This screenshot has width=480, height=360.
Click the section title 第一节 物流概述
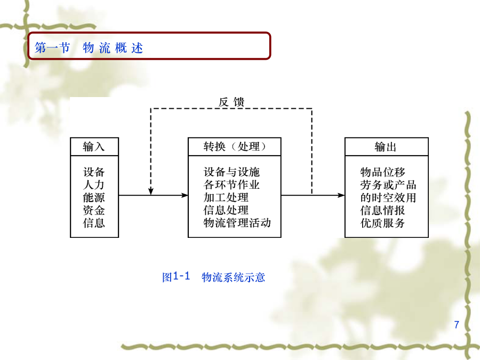tap(89, 48)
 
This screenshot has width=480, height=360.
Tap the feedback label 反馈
tap(231, 102)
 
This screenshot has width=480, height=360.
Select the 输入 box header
tap(94, 147)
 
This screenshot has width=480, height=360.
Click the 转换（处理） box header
tap(235, 147)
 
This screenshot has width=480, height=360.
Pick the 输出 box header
tap(386, 147)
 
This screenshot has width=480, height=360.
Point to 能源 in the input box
tap(94, 197)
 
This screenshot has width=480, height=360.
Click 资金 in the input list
tap(94, 210)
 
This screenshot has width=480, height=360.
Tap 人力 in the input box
tap(94, 185)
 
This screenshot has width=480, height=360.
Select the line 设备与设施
tap(232, 172)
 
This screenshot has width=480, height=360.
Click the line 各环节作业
tap(232, 185)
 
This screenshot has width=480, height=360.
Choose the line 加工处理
tap(226, 197)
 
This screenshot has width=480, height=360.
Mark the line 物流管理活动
tap(237, 223)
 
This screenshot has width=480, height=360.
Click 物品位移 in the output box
tap(382, 172)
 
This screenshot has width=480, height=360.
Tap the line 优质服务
tap(382, 223)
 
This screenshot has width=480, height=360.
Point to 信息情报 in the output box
tap(382, 210)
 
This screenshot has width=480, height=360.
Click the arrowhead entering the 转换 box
tap(185, 195)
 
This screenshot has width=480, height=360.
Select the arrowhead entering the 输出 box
tap(341, 195)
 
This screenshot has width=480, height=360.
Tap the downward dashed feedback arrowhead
tap(150, 191)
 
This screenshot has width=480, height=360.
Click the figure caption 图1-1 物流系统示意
tap(213, 277)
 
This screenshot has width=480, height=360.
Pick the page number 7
tap(457, 324)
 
